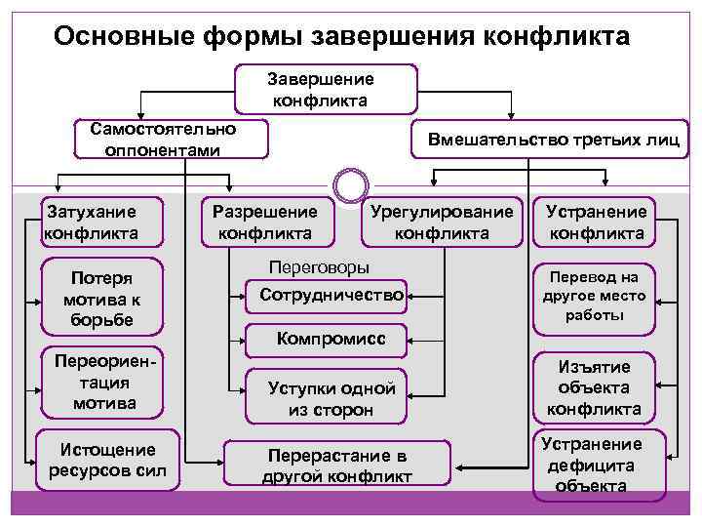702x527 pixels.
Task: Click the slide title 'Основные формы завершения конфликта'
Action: click(x=342, y=36)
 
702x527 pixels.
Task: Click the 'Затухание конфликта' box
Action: click(x=91, y=222)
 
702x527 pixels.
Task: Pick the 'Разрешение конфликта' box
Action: click(x=265, y=222)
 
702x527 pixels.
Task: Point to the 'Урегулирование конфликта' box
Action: click(x=441, y=222)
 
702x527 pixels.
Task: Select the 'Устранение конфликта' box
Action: click(x=596, y=222)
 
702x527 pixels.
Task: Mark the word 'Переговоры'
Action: click(x=318, y=266)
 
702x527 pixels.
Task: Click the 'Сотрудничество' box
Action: click(x=331, y=294)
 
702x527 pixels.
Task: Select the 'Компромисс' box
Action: click(x=331, y=339)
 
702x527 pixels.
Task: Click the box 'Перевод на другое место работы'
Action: click(x=596, y=295)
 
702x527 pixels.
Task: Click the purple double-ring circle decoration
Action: click(x=350, y=184)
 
